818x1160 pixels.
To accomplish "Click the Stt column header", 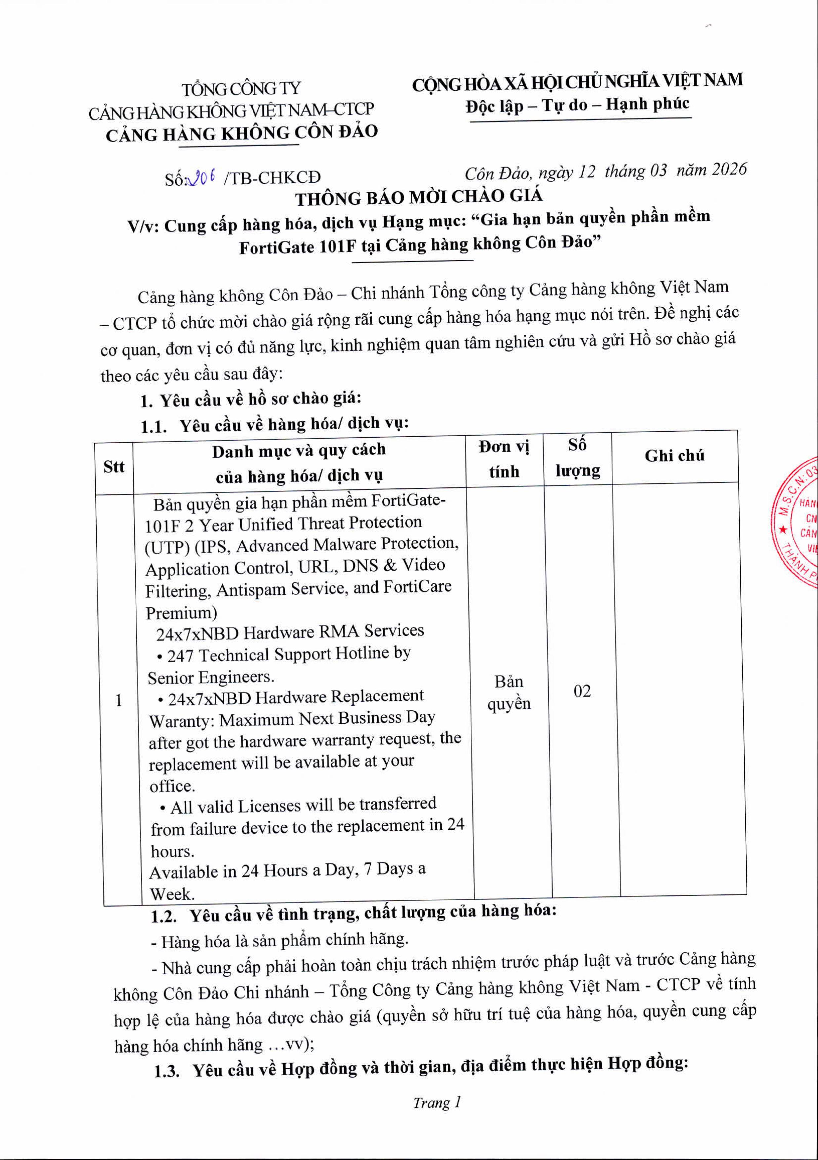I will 114,467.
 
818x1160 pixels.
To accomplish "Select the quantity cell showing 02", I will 582,691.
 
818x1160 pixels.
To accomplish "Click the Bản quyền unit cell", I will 509,693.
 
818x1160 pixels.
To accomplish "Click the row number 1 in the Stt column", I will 118,700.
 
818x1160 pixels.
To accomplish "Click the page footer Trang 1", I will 437,1102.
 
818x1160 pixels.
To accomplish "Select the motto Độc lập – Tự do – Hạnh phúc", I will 577,104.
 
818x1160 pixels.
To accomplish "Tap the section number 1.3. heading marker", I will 167,1070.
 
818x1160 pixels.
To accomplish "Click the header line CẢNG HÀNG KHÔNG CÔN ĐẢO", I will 242,133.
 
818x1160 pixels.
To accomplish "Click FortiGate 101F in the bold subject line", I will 297,247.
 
